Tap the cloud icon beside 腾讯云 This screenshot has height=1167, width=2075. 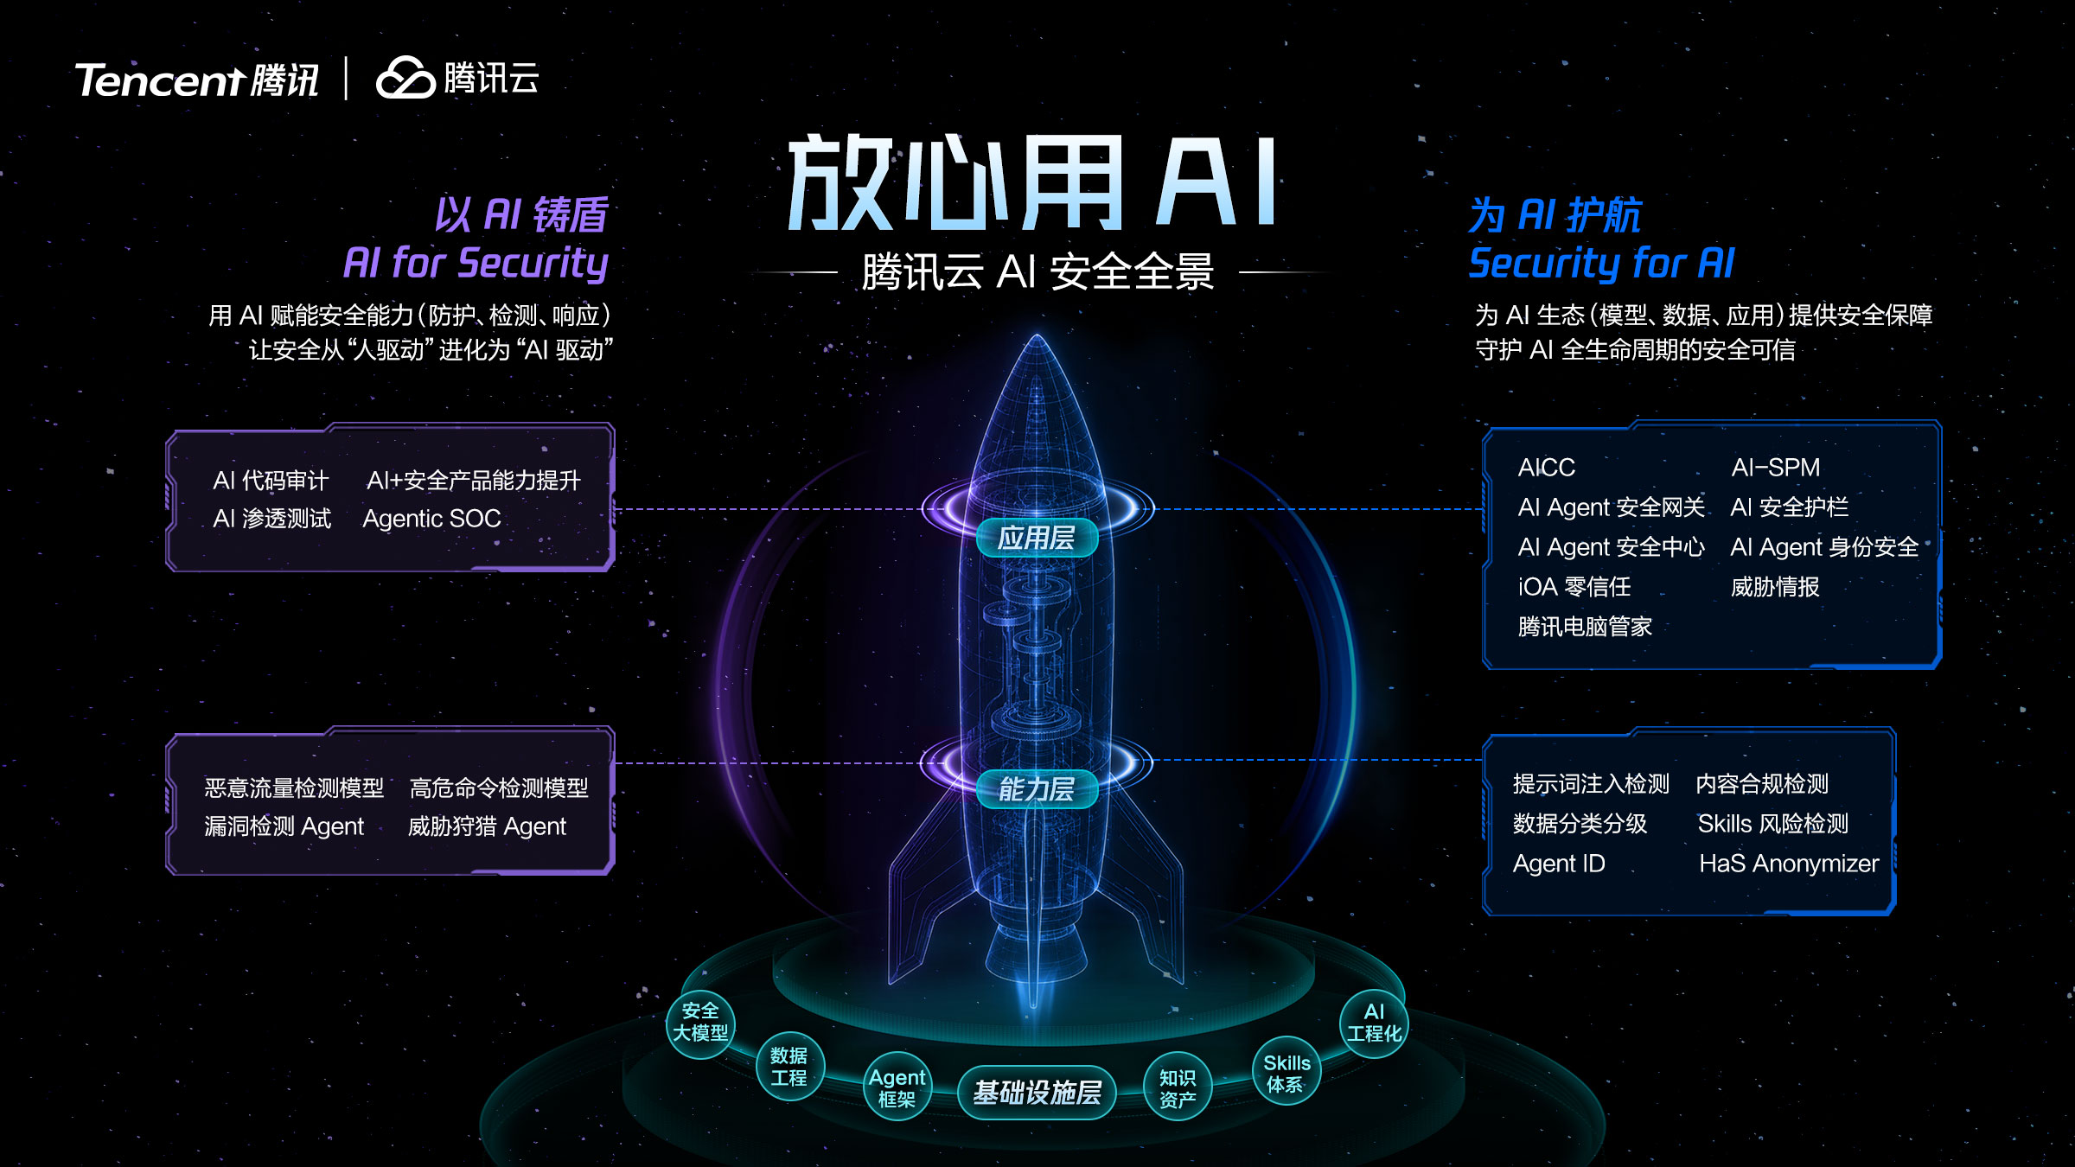pos(405,78)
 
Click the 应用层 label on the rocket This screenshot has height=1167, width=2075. pos(1037,538)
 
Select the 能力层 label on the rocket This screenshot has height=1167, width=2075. pos(1037,789)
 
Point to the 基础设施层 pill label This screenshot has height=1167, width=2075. pos(1037,1093)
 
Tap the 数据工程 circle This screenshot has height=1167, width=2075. pos(789,1067)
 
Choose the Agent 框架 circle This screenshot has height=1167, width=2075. pos(897,1087)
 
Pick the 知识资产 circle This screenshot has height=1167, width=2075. pos(1178,1087)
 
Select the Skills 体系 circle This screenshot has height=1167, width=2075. pos(1286,1072)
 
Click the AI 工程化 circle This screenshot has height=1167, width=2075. pos(1374,1023)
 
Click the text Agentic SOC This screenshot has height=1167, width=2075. pos(431,519)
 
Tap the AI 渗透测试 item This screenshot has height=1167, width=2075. pos(271,519)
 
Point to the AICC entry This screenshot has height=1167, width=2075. pos(1546,468)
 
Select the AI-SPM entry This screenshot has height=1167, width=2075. pos(1775,468)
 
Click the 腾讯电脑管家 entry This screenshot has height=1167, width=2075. pos(1585,627)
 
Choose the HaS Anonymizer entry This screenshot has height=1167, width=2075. pos(1789,864)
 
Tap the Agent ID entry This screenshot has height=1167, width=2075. pos(1559,864)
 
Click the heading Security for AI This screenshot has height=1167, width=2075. pos(1601,264)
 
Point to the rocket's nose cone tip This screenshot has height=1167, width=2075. pos(1037,335)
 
